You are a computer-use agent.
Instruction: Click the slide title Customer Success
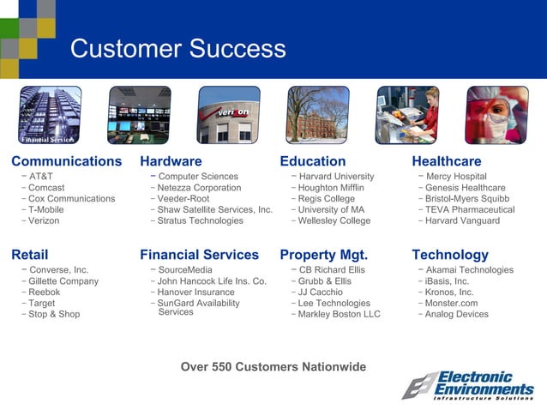[178, 48]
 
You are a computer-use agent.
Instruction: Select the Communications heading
[67, 161]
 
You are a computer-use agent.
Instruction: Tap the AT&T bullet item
[40, 177]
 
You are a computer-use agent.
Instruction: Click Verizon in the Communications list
[45, 220]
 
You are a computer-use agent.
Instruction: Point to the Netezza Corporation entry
[200, 188]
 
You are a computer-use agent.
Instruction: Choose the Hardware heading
[171, 161]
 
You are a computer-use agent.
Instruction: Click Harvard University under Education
[336, 177]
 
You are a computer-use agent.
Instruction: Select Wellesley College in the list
[334, 220]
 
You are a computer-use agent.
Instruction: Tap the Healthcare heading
[447, 161]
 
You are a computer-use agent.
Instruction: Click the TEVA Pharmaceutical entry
[470, 209]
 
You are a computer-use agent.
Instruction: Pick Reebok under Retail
[45, 292]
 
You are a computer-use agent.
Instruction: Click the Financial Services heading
[199, 255]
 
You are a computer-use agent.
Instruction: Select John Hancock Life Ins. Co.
[212, 281]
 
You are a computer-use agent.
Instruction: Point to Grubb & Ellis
[324, 281]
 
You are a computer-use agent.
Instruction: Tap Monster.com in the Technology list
[452, 303]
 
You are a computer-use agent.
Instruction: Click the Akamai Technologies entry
[469, 270]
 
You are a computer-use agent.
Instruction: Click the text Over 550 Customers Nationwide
[273, 367]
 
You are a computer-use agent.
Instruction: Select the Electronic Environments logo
[469, 385]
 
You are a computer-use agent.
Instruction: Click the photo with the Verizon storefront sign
[229, 115]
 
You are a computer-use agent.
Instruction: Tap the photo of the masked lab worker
[497, 115]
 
